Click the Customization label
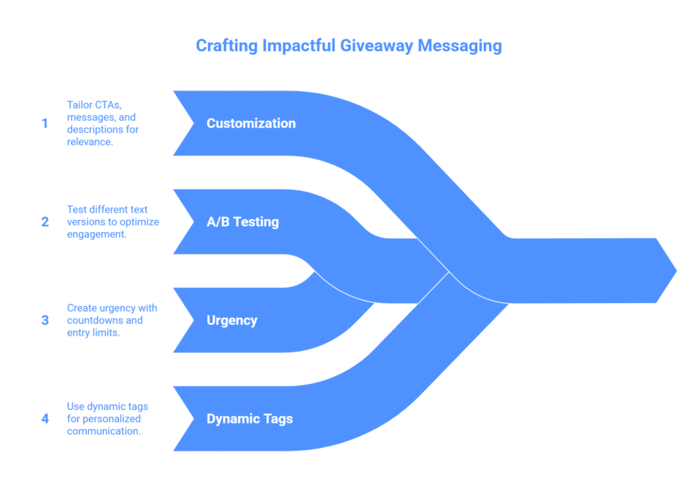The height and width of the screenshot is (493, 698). pyautogui.click(x=251, y=123)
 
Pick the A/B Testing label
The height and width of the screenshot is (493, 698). pyautogui.click(x=243, y=222)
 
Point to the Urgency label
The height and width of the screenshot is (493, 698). pyautogui.click(x=232, y=320)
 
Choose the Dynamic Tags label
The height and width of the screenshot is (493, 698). pyautogui.click(x=249, y=419)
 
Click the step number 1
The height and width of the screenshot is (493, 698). pyautogui.click(x=45, y=124)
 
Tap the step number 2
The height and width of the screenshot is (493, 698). pyautogui.click(x=45, y=222)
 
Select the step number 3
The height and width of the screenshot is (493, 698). pyautogui.click(x=45, y=320)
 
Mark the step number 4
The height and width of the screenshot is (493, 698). pyautogui.click(x=45, y=419)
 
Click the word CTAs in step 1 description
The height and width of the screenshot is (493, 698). pyautogui.click(x=109, y=105)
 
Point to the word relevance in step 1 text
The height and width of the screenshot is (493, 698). pyautogui.click(x=89, y=142)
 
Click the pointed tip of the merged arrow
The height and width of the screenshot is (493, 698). pyautogui.click(x=675, y=271)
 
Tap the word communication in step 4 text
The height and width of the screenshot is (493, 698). pyautogui.click(x=104, y=431)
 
